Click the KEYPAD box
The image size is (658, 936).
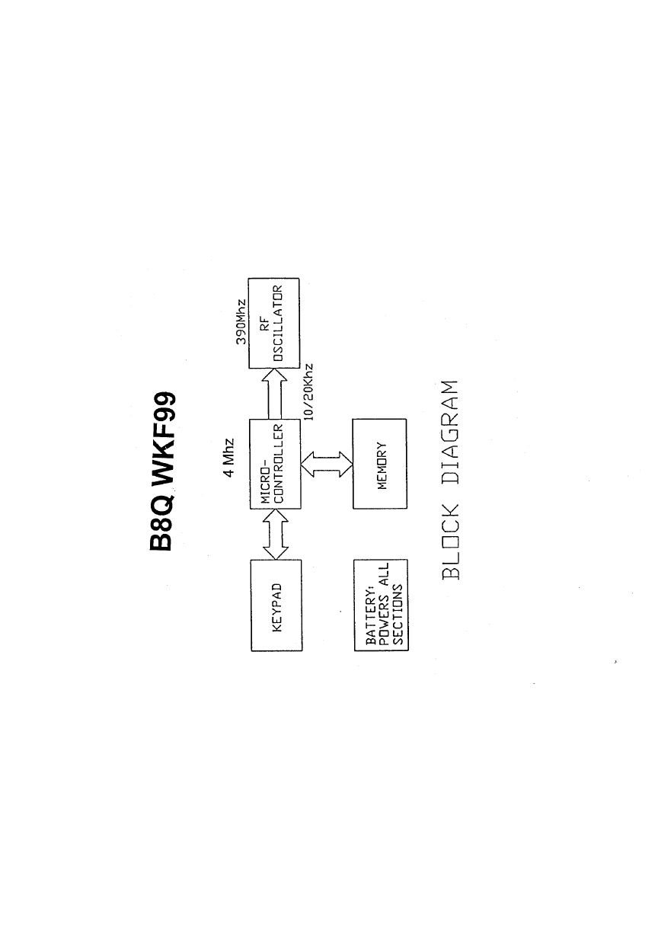click(276, 605)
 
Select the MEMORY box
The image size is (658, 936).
click(380, 464)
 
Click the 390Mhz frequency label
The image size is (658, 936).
click(241, 323)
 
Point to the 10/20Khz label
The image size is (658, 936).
click(310, 388)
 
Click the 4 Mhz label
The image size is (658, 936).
click(228, 458)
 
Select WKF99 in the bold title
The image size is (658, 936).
click(162, 437)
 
